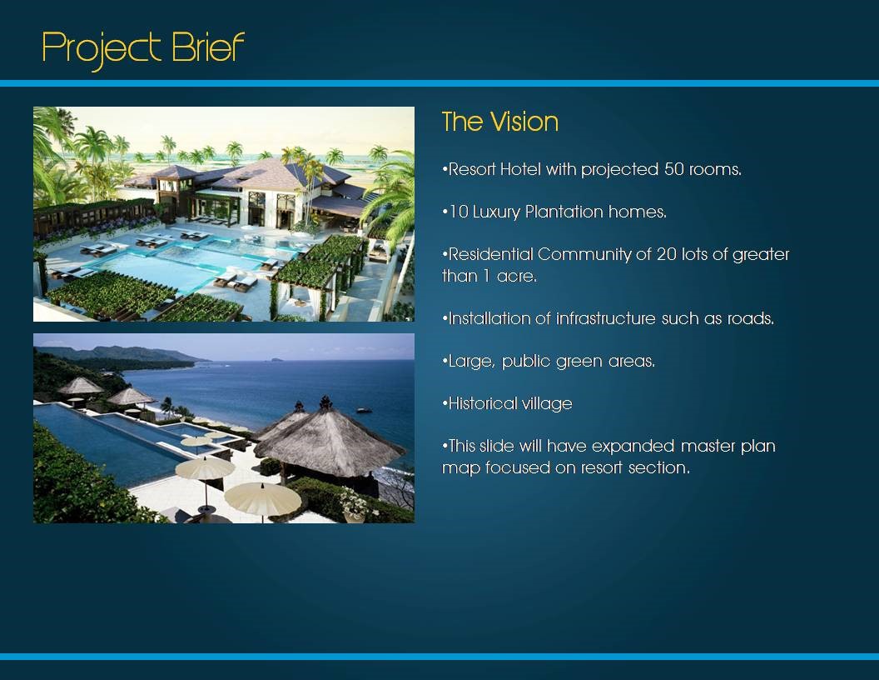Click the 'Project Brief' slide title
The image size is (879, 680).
tap(143, 49)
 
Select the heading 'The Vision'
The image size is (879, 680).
tap(500, 122)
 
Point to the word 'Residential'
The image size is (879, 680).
tap(490, 254)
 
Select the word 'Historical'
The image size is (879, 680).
tap(483, 403)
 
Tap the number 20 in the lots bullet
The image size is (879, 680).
tap(666, 254)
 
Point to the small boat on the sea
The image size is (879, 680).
tap(365, 411)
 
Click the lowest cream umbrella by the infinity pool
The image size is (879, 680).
tap(262, 497)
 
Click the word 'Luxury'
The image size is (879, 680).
tap(497, 212)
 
